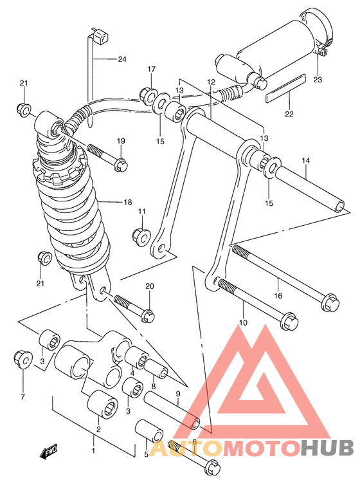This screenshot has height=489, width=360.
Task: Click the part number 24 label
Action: (122, 59)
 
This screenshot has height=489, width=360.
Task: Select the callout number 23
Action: (318, 80)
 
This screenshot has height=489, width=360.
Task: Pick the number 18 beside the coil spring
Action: (127, 201)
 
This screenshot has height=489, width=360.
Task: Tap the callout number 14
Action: (305, 160)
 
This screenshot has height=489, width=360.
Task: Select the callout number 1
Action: (94, 450)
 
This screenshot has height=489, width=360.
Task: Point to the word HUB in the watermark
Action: (327, 447)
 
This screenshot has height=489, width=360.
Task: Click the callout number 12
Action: (210, 82)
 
